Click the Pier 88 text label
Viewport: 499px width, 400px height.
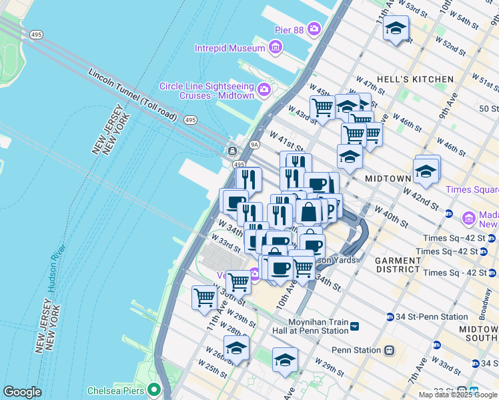coord(290,29)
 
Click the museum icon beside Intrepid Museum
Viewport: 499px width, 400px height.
coord(275,47)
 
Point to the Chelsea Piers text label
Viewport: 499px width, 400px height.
coord(117,390)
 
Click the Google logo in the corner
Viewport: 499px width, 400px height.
coord(22,392)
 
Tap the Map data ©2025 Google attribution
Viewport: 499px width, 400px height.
coord(458,395)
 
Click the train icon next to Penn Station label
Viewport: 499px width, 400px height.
coord(389,350)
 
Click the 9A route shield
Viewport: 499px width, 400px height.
coord(254,144)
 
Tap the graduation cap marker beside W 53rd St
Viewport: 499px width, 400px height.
coord(396,29)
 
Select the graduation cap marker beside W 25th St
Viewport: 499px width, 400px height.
coord(236,348)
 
